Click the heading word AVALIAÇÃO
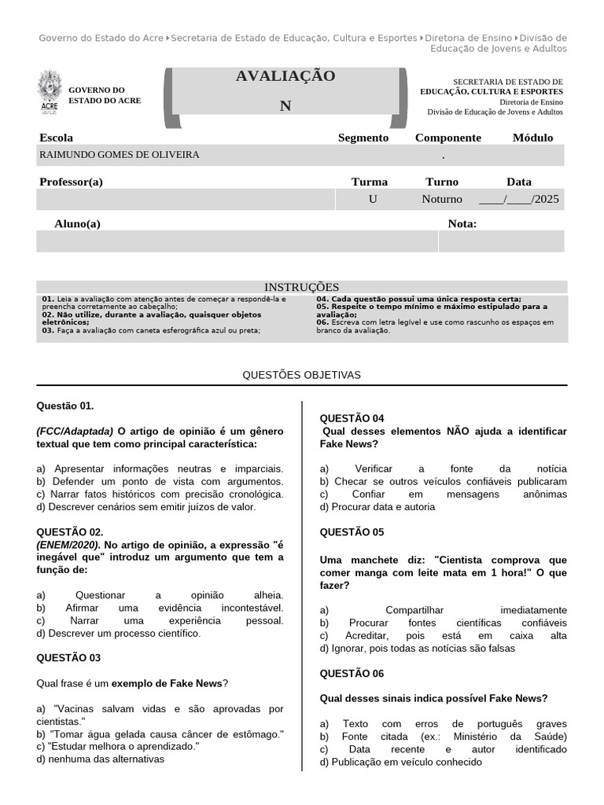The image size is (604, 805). (285, 76)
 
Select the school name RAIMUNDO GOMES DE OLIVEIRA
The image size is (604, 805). (120, 155)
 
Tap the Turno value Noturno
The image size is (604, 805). (442, 199)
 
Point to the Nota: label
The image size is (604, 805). (462, 224)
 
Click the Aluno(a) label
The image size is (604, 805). (77, 224)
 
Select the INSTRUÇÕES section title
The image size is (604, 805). (301, 287)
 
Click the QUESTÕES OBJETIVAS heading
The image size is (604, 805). (302, 375)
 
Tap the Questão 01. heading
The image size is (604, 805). (65, 406)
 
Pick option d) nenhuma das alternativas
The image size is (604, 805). (101, 759)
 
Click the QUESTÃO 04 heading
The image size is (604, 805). (352, 418)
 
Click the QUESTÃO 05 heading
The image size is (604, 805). (352, 532)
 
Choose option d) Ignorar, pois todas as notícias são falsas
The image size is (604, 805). (417, 649)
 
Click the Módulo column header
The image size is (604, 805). (532, 138)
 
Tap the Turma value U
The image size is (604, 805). (372, 199)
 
